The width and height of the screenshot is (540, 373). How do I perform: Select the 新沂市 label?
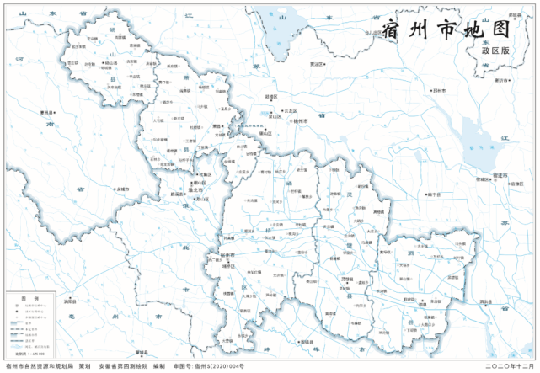(502, 80)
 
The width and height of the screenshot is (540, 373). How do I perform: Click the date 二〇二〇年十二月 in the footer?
(510, 366)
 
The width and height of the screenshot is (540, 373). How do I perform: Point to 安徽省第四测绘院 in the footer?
(117, 366)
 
